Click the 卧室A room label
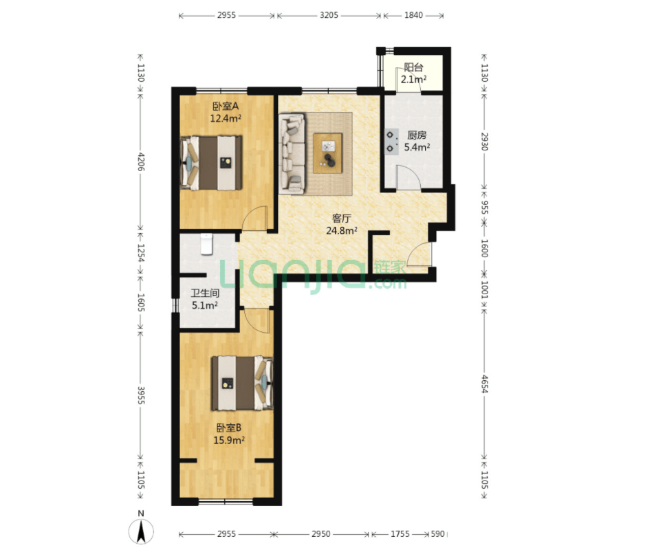pyautogui.click(x=226, y=107)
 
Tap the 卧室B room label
pyautogui.click(x=228, y=428)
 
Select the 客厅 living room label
pyautogui.click(x=341, y=218)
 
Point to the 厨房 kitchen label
pyautogui.click(x=417, y=135)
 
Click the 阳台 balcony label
pyautogui.click(x=413, y=67)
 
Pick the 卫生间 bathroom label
pyautogui.click(x=205, y=293)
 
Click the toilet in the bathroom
pyautogui.click(x=206, y=244)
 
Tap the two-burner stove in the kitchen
pyautogui.click(x=391, y=142)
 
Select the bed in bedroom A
pyautogui.click(x=211, y=163)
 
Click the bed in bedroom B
pyautogui.click(x=242, y=383)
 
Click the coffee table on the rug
pyautogui.click(x=328, y=153)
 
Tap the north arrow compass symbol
pyautogui.click(x=141, y=531)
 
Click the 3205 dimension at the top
pyautogui.click(x=329, y=15)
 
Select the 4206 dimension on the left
pyautogui.click(x=141, y=162)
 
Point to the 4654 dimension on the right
pyautogui.click(x=484, y=384)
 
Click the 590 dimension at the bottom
pyautogui.click(x=437, y=533)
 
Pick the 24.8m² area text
pyautogui.click(x=341, y=230)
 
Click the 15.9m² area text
pyautogui.click(x=228, y=440)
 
